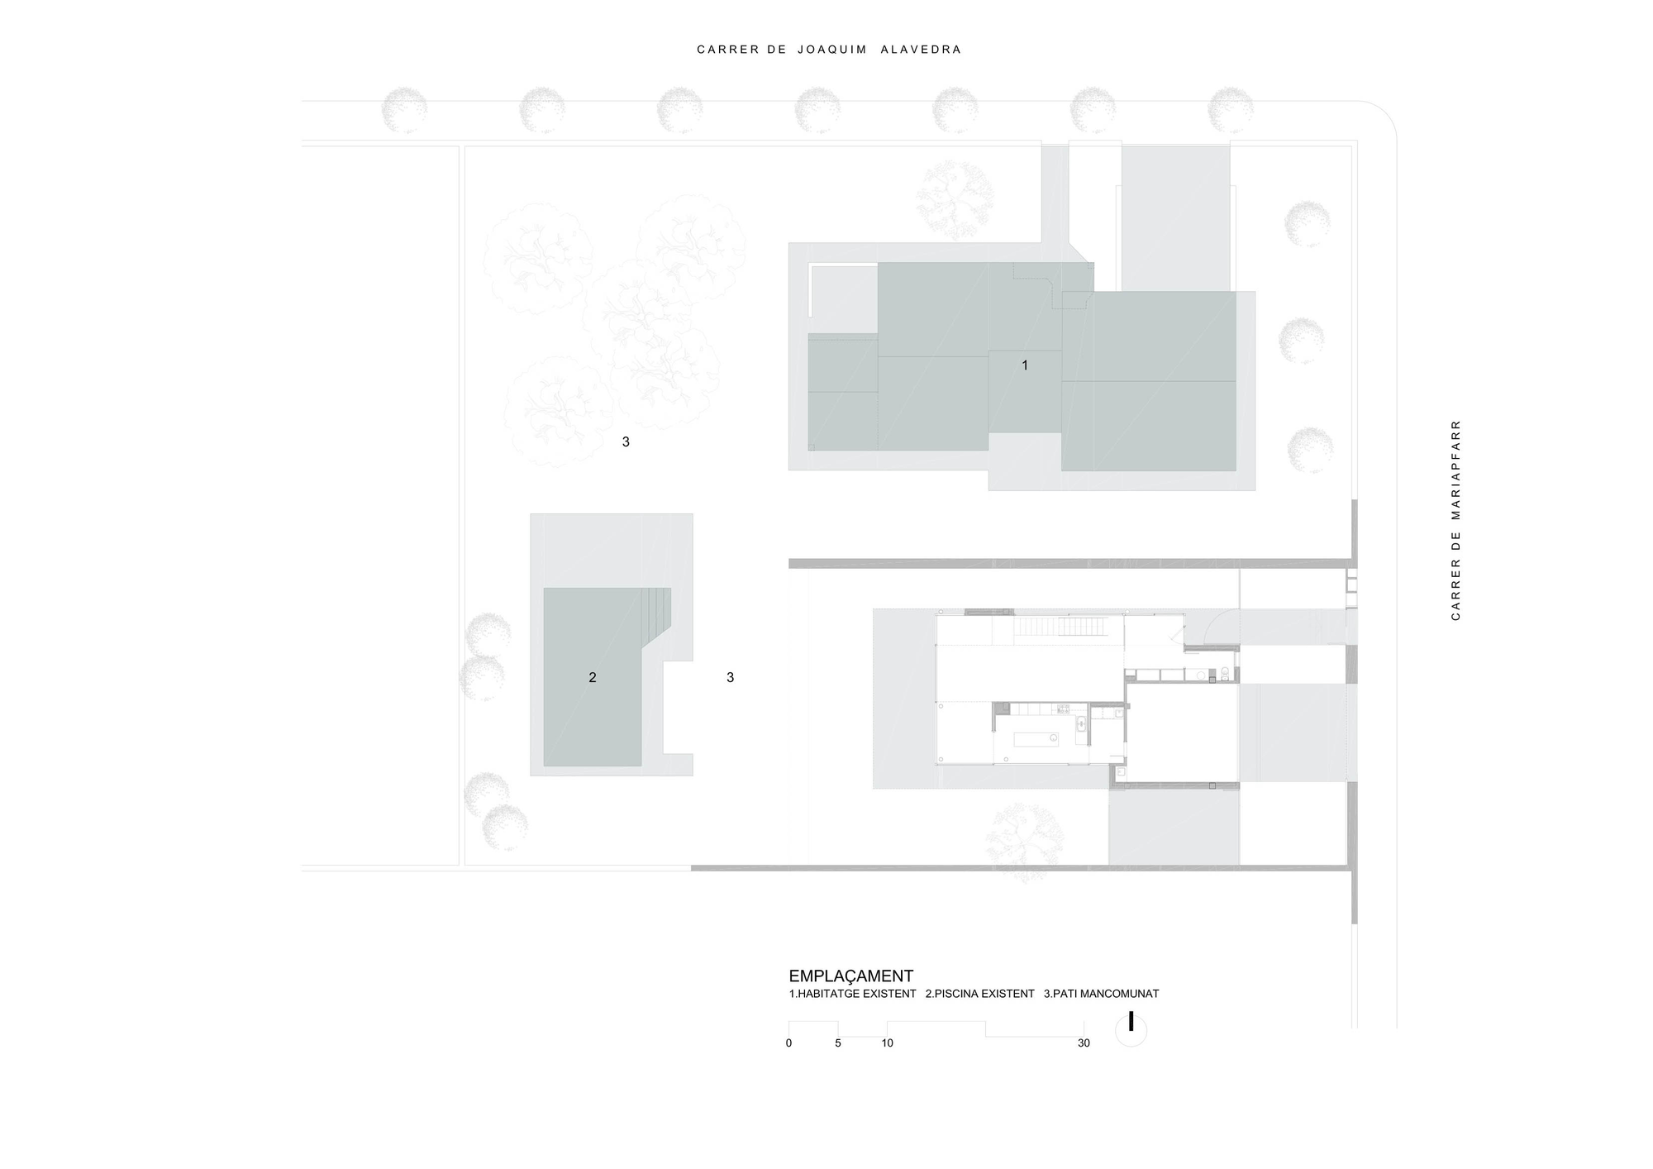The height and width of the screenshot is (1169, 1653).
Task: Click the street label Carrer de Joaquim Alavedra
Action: click(x=829, y=50)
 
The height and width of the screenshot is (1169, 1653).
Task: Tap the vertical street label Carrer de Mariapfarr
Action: click(x=1455, y=520)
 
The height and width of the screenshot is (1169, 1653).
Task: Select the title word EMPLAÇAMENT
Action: click(x=850, y=976)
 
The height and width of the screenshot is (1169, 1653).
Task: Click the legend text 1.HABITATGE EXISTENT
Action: click(x=852, y=994)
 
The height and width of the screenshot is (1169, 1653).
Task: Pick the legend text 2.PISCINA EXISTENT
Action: click(x=979, y=994)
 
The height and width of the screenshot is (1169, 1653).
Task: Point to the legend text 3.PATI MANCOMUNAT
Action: click(x=1101, y=994)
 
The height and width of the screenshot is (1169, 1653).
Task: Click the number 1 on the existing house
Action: click(x=1025, y=365)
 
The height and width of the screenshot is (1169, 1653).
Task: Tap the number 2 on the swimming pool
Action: click(x=592, y=677)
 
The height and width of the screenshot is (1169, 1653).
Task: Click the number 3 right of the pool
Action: click(x=730, y=677)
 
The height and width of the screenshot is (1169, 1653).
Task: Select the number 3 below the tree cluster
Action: click(x=626, y=442)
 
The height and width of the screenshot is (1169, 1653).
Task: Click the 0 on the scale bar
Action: click(x=788, y=1043)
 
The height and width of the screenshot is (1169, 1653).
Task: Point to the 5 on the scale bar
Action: click(x=837, y=1043)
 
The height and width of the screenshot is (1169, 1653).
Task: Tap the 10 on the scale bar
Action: click(x=887, y=1043)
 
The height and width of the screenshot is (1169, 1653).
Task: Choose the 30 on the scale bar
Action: click(x=1084, y=1043)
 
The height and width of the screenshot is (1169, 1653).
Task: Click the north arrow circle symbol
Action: click(x=1131, y=1030)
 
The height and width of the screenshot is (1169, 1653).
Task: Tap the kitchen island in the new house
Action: click(x=1034, y=738)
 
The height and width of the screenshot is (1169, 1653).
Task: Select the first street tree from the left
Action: click(x=404, y=110)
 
